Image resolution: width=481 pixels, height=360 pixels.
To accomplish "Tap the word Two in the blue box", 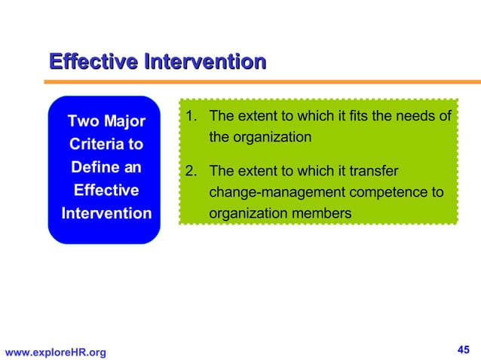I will pyautogui.click(x=82, y=121).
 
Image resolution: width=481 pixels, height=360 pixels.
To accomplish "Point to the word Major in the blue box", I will pyautogui.click(x=124, y=121).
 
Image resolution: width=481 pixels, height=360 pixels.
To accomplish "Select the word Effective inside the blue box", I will pyautogui.click(x=106, y=190).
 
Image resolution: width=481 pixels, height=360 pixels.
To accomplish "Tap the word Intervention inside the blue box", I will pyautogui.click(x=106, y=213).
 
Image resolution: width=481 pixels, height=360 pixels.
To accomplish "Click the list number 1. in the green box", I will pyautogui.click(x=191, y=117).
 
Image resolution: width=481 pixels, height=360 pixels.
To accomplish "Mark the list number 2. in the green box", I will pyautogui.click(x=191, y=171).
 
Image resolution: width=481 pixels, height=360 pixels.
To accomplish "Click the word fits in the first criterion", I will pyautogui.click(x=369, y=117).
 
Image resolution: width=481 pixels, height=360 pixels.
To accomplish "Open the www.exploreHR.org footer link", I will pyautogui.click(x=56, y=352).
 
